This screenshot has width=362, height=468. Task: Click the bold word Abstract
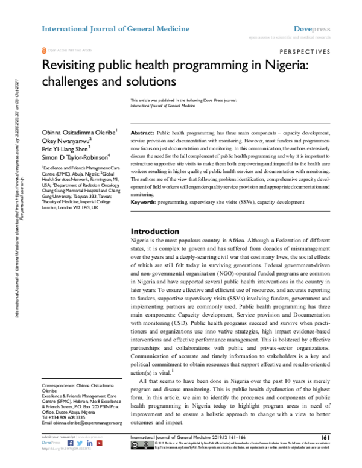click(142, 131)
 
